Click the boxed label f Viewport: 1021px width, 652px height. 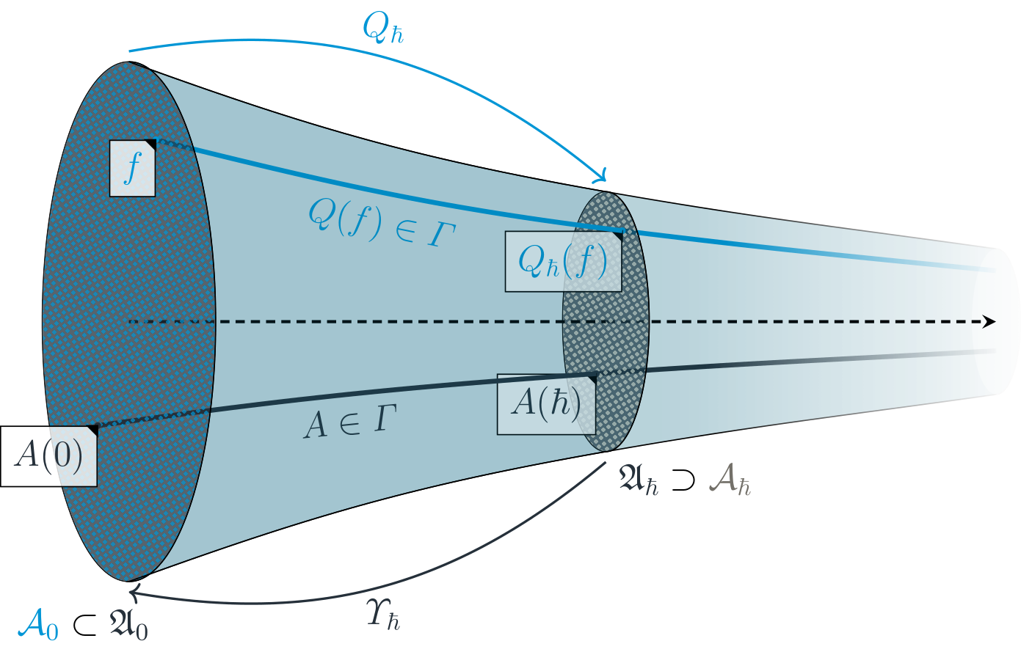[132, 167]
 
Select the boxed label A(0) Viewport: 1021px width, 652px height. [48, 455]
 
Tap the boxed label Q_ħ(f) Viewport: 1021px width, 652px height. [563, 262]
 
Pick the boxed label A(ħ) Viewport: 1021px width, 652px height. [545, 403]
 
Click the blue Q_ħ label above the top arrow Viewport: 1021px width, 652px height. [382, 29]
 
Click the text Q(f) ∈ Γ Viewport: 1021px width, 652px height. [382, 222]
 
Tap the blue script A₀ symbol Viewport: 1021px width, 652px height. [37, 625]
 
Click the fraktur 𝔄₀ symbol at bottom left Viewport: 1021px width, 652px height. [128, 625]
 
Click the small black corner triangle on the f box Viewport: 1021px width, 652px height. [150, 143]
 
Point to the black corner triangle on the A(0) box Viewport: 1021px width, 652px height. [92, 430]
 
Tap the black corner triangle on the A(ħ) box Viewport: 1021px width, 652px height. [591, 378]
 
